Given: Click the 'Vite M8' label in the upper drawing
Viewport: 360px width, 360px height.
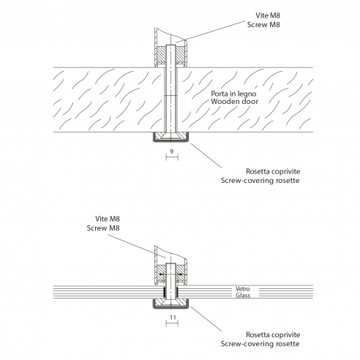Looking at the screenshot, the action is tap(268, 15).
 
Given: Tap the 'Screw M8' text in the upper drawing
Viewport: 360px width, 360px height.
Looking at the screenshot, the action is tap(263, 25).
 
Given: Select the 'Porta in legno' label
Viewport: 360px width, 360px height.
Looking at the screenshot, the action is tap(233, 94).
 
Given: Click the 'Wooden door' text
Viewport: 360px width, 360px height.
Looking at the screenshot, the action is tap(234, 101).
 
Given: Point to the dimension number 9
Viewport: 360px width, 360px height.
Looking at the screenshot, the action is tap(172, 151).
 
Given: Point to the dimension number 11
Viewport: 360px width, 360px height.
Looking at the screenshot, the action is tap(173, 318).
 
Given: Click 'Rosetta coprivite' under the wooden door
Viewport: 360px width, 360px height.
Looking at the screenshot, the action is tap(273, 171).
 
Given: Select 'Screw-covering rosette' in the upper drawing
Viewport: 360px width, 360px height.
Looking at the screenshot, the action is tap(260, 181).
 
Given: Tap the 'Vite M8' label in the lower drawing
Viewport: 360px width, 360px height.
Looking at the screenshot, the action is tap(108, 219).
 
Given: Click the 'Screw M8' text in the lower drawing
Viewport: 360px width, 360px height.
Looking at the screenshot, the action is tap(103, 228).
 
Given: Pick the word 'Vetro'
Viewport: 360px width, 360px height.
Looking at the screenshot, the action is tap(243, 289).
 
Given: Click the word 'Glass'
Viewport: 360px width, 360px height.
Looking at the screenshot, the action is tap(243, 296).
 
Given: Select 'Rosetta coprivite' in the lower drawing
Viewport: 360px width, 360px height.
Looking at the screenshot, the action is tap(273, 335).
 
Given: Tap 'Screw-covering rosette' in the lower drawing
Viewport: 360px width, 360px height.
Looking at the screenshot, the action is tap(260, 344).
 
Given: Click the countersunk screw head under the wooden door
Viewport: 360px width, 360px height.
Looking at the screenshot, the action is tap(170, 136).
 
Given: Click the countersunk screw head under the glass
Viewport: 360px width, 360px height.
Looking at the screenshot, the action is tap(170, 303).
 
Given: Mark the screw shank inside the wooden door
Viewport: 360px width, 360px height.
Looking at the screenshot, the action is tap(170, 100).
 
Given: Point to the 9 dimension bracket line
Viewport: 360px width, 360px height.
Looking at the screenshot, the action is tap(172, 157).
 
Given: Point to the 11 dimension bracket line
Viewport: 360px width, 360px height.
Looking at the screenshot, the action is tap(172, 323).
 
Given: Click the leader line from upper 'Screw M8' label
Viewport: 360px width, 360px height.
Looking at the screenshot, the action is tap(210, 32).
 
